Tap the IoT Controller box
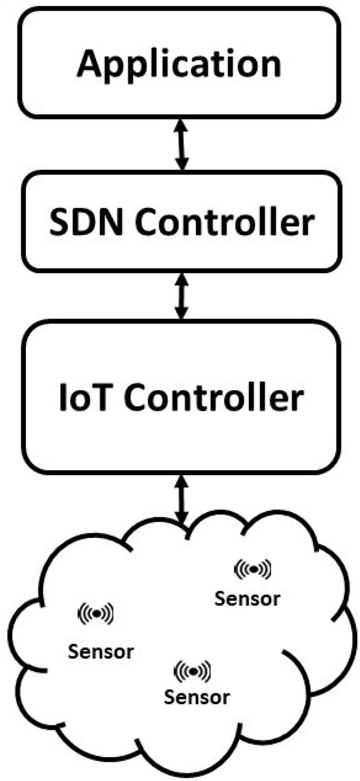180,396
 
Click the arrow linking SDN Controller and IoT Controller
181,296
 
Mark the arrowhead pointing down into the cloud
181,521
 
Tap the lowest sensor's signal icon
193,670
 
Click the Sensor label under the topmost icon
247,598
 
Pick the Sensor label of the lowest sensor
197,697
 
